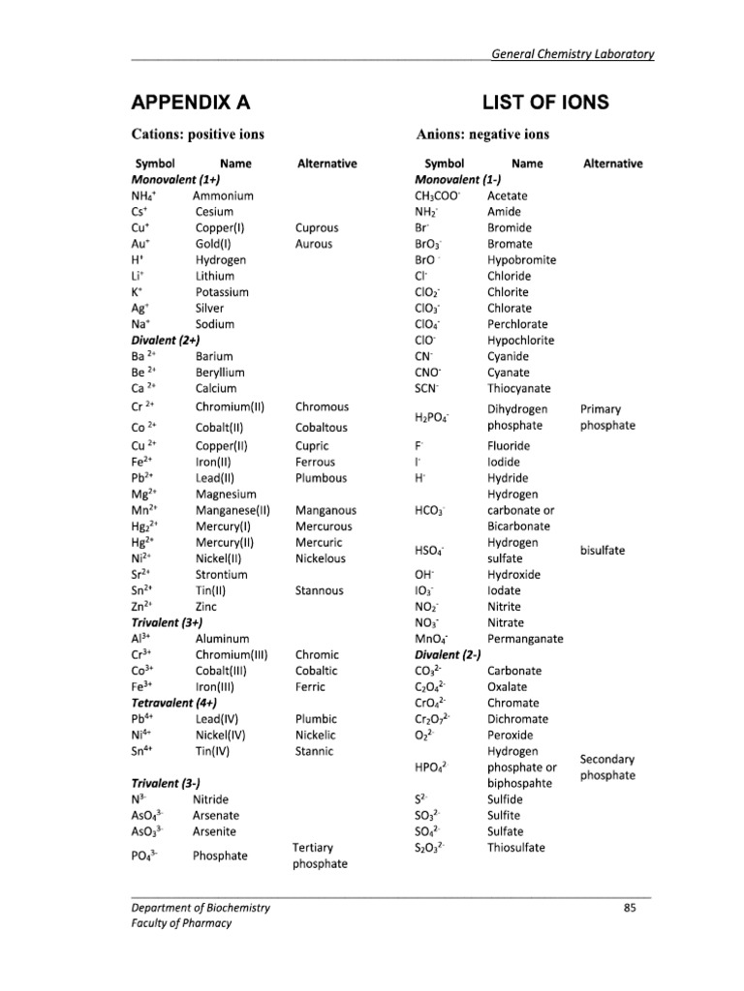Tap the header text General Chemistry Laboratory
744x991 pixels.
(573, 54)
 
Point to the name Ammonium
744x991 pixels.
(223, 195)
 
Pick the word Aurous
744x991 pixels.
(314, 244)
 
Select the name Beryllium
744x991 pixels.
(220, 373)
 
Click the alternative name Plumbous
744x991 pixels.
(322, 478)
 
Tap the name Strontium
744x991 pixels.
(222, 574)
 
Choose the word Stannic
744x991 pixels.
(314, 750)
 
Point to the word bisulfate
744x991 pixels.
(603, 551)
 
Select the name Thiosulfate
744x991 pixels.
(515, 847)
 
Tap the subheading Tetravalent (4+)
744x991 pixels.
(173, 703)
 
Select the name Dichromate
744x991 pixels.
(517, 719)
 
